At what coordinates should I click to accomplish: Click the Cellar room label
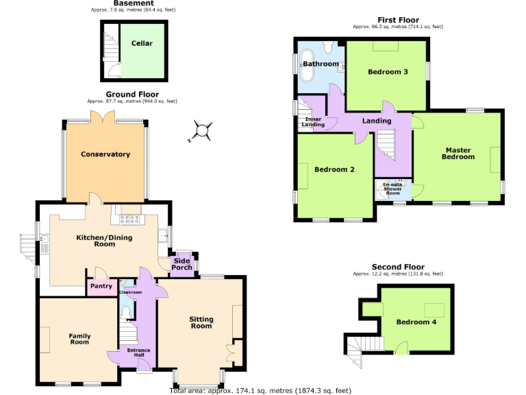142,43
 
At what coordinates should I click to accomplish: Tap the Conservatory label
105,154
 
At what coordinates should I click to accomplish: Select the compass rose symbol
201,130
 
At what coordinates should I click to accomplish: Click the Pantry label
101,287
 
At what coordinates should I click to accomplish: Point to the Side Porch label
182,264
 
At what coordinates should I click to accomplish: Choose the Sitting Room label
201,323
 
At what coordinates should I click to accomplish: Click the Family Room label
79,339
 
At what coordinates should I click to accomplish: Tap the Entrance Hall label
138,353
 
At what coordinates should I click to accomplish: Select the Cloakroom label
129,293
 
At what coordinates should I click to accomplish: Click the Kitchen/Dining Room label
104,241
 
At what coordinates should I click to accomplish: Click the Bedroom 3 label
388,72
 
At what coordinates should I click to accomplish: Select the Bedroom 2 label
334,169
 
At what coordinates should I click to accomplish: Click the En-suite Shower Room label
392,189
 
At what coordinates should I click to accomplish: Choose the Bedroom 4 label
416,322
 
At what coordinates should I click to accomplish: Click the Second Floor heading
398,267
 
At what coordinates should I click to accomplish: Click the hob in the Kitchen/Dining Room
129,219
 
